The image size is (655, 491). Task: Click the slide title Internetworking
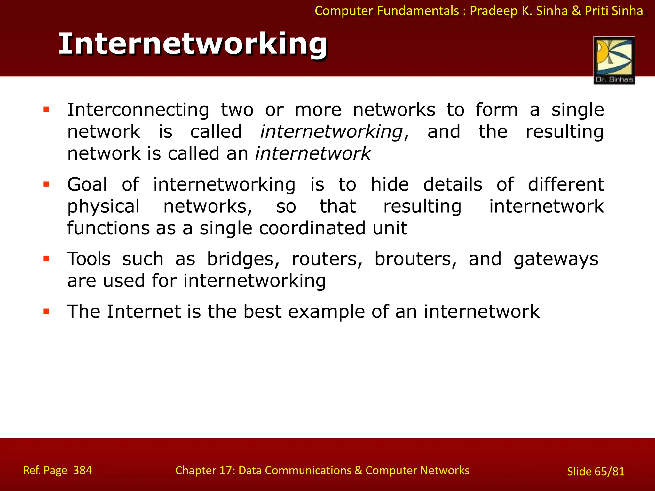click(x=193, y=44)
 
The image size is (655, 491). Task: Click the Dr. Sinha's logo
click(x=614, y=60)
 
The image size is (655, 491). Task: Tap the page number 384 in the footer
click(x=83, y=470)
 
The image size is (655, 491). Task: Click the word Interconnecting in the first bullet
click(x=138, y=110)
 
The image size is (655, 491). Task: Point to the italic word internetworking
click(x=331, y=132)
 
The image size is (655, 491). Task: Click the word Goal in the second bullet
click(x=87, y=185)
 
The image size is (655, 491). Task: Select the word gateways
click(x=556, y=259)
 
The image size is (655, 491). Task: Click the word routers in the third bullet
click(x=327, y=259)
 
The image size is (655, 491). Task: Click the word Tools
click(x=89, y=259)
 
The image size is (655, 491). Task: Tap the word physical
click(x=103, y=207)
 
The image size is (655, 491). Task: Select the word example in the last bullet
click(x=326, y=312)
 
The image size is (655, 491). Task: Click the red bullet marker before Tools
click(x=46, y=259)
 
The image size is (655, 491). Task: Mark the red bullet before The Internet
click(x=46, y=311)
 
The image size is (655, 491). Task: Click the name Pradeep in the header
click(x=493, y=11)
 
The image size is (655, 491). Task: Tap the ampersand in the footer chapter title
click(x=358, y=470)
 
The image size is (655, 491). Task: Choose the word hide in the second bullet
click(x=390, y=185)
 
